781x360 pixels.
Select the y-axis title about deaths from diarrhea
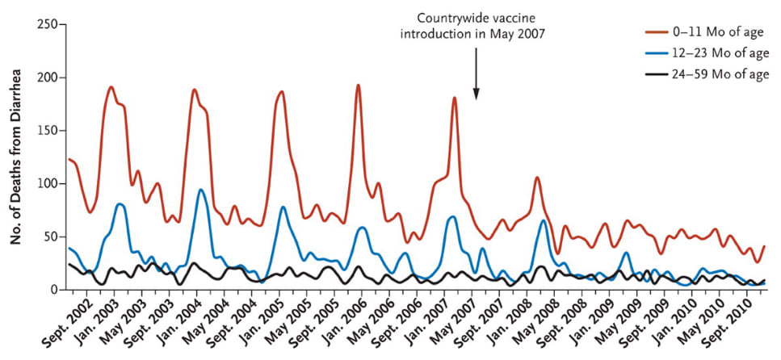[x=14, y=157]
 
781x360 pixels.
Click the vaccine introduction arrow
[x=477, y=73]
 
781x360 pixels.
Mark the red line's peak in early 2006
[x=358, y=85]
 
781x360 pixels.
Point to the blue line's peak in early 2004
[x=201, y=190]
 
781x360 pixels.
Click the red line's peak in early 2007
[x=455, y=98]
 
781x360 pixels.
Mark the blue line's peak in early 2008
[x=544, y=220]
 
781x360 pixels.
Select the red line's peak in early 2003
[x=111, y=87]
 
